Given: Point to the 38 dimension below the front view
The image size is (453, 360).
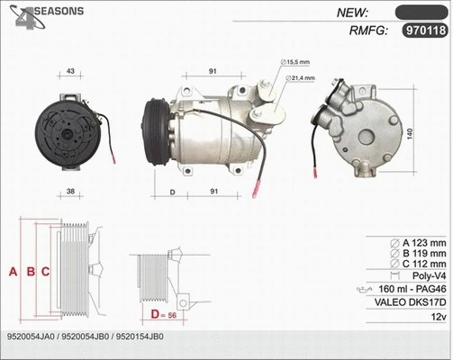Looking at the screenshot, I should point(70,192).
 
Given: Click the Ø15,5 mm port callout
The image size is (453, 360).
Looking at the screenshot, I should point(299,62).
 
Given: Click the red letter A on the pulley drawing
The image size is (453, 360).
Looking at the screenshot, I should point(13,270).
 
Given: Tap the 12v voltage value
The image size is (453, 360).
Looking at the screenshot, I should point(438,318).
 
